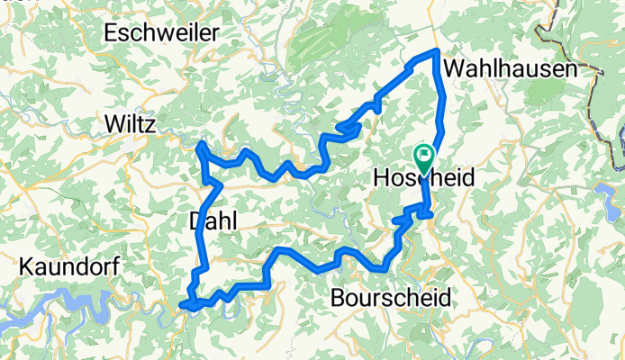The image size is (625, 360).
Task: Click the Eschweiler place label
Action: click(162, 33)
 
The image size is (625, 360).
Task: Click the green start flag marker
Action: click(422, 155)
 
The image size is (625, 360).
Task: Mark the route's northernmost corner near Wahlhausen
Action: click(437, 51)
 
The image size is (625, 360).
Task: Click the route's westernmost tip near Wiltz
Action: click(201, 144)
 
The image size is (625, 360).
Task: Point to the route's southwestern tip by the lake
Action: click(186, 306)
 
